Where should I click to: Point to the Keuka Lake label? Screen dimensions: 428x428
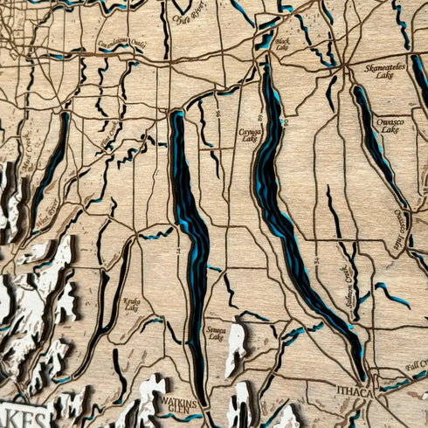[x=132, y=302]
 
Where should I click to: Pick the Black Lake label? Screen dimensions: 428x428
[x=282, y=43]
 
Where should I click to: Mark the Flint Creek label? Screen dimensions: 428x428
[x=108, y=138]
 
